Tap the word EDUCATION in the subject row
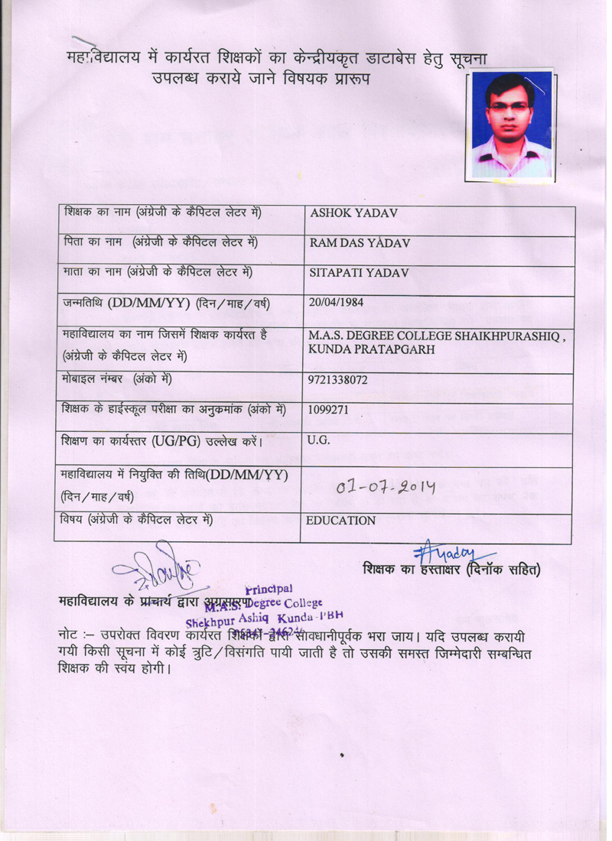[x=340, y=521]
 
